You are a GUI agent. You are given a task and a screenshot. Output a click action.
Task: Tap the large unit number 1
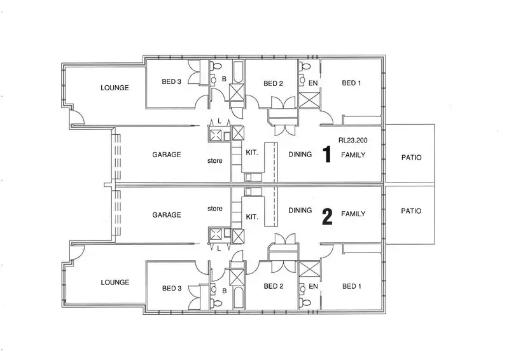(328, 155)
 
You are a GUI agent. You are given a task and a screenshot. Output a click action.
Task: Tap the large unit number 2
(328, 218)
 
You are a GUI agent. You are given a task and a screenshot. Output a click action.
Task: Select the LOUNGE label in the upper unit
(115, 88)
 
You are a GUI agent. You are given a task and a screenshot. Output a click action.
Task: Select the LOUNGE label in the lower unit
(115, 282)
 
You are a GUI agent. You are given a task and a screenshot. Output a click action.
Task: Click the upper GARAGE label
(167, 155)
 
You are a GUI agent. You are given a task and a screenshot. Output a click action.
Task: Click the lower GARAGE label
(167, 215)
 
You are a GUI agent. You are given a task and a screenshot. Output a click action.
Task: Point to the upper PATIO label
(411, 157)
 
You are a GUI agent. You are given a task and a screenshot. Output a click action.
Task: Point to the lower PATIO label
(411, 211)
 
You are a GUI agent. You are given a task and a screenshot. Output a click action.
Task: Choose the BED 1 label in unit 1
(352, 83)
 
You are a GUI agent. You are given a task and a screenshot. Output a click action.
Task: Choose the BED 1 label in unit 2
(352, 286)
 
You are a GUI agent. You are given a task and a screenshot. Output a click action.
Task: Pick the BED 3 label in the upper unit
(172, 81)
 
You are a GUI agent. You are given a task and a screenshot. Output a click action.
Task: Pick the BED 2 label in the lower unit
(273, 287)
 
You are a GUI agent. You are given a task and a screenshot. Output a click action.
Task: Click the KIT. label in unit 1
(252, 153)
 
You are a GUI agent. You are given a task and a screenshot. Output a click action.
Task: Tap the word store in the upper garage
(215, 161)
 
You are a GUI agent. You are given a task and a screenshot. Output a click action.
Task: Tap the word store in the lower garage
(215, 208)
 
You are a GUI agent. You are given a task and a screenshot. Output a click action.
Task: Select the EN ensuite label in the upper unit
(312, 83)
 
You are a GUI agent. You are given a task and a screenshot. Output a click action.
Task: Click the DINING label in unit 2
(300, 210)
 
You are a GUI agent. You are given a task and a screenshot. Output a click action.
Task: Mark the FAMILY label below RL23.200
(353, 155)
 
